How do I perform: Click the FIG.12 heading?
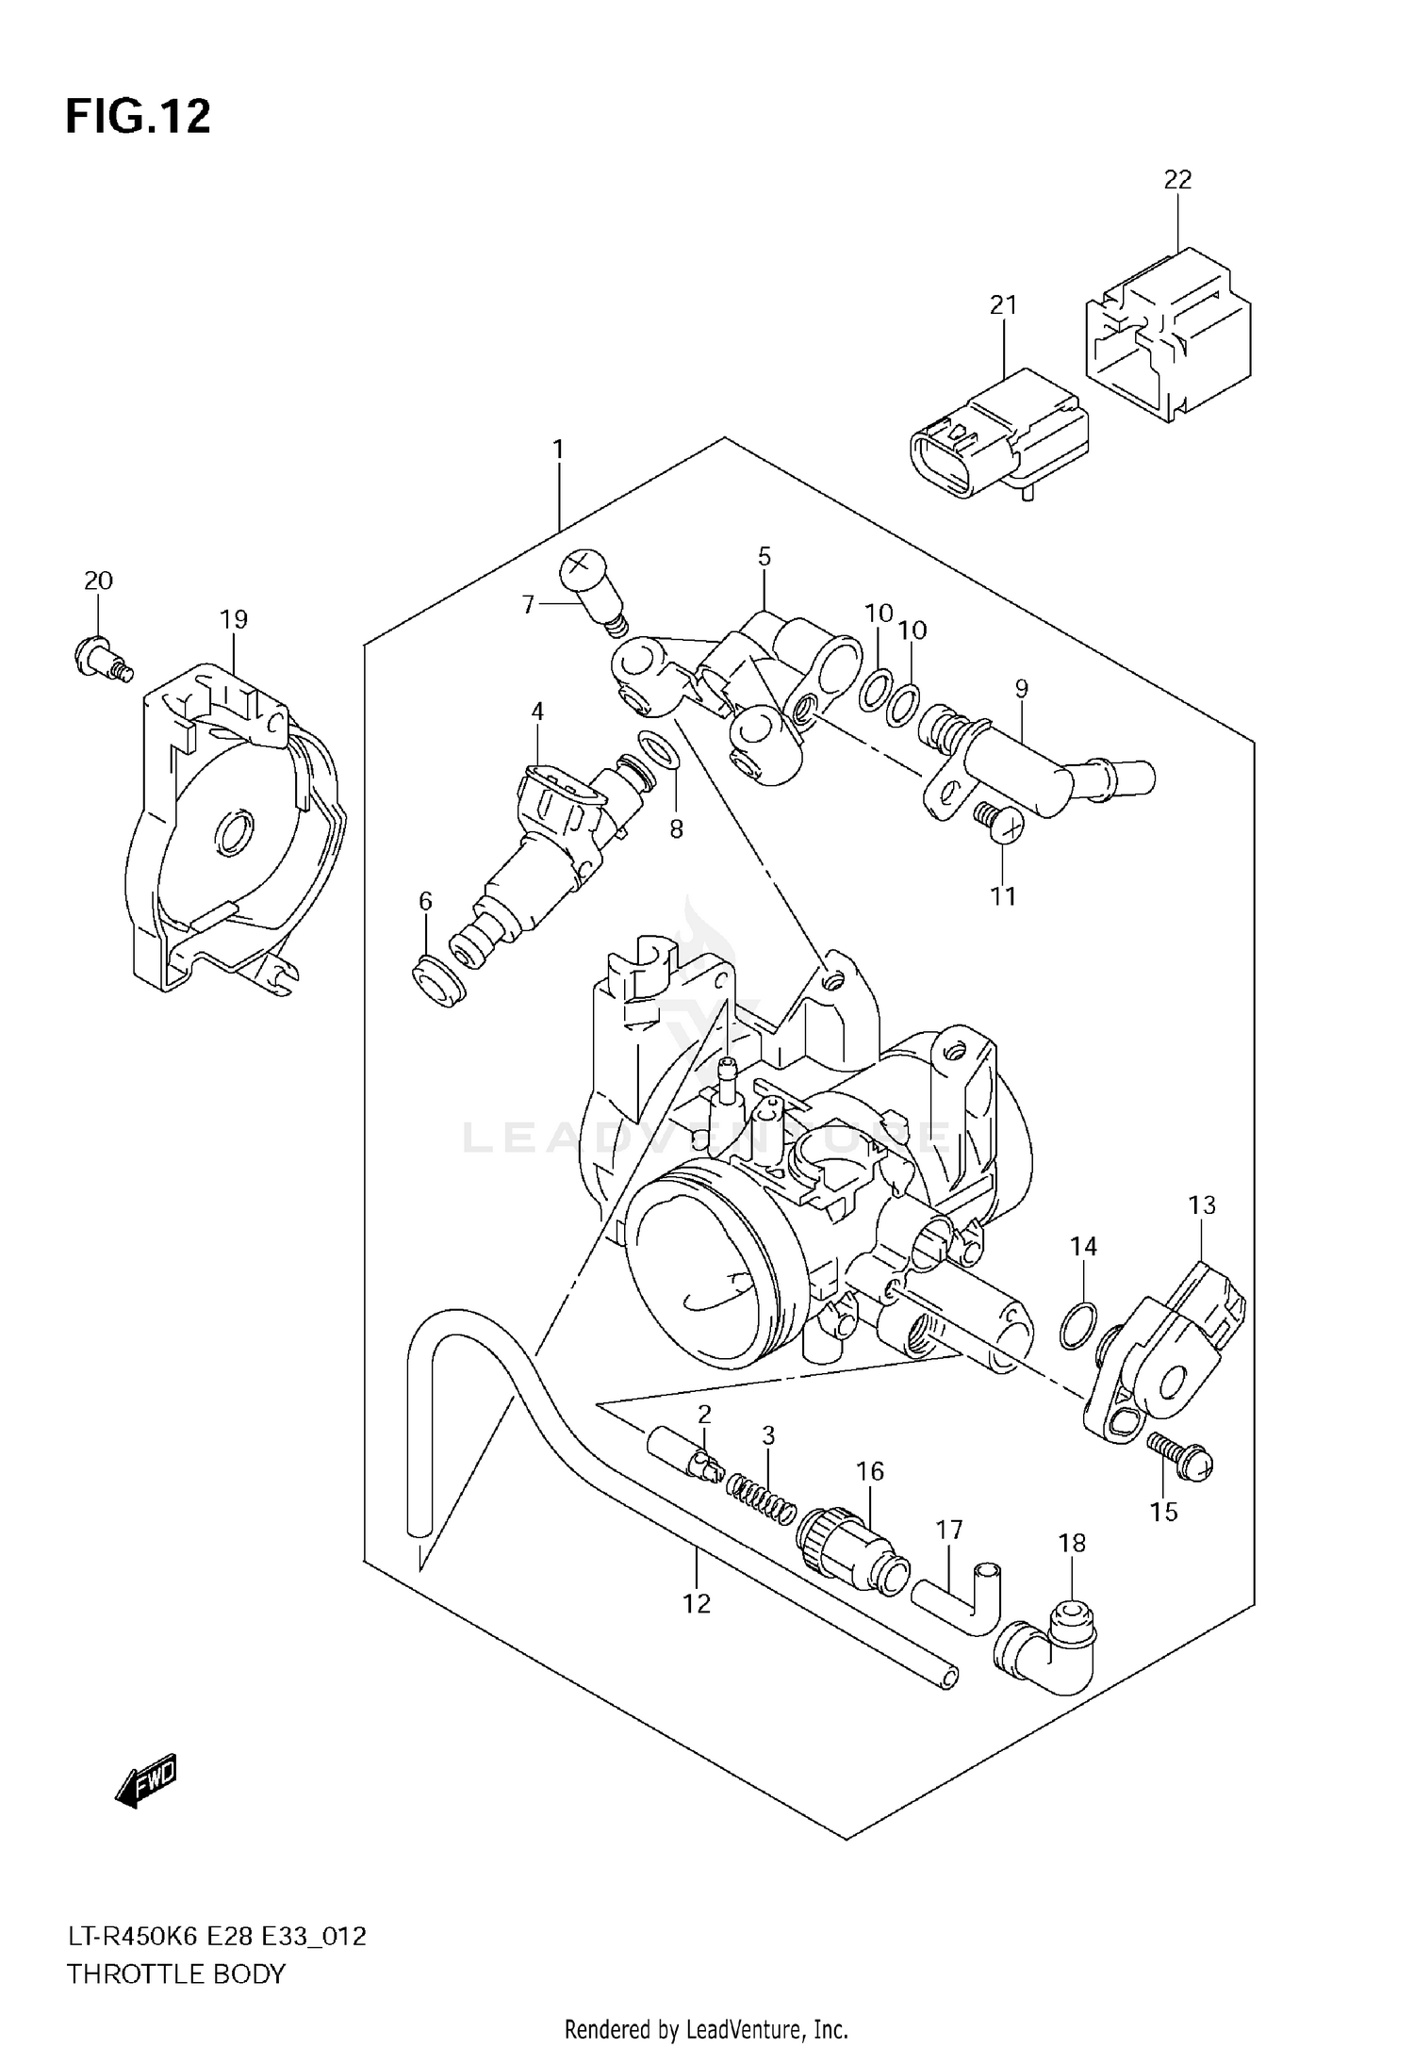[138, 118]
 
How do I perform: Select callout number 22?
[1177, 179]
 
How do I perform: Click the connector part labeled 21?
[999, 438]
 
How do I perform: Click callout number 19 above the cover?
[234, 619]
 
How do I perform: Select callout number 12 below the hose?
[697, 1603]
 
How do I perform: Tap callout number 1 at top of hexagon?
[558, 450]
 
